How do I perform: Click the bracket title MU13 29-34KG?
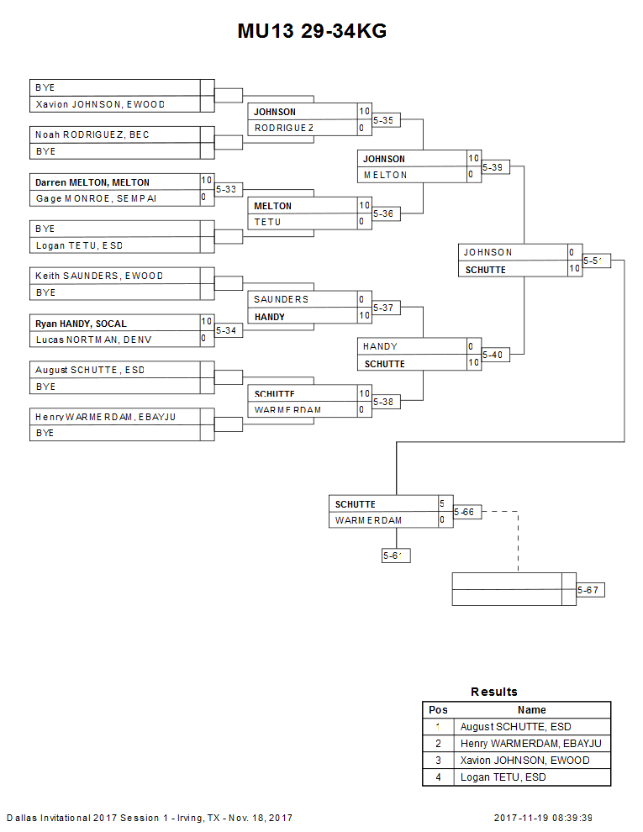[x=312, y=32]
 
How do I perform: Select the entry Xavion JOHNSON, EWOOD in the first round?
[x=100, y=104]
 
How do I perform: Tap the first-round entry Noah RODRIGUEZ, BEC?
[x=92, y=134]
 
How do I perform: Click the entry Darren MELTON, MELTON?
[x=92, y=182]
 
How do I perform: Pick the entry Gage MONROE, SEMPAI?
[x=96, y=198]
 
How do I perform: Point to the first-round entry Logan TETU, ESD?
[x=79, y=245]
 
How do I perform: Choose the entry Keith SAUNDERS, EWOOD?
[x=99, y=276]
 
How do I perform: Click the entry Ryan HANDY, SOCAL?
[x=81, y=323]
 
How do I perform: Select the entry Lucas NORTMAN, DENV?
[x=94, y=340]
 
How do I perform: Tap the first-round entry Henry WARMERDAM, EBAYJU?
[x=105, y=416]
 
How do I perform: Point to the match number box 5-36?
[x=386, y=214]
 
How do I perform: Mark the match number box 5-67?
[x=590, y=591]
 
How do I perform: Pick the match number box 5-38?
[x=386, y=402]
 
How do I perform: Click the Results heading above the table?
[x=494, y=692]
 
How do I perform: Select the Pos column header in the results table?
[x=438, y=710]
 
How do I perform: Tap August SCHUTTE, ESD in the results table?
[x=514, y=727]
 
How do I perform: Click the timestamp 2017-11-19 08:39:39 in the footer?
[x=544, y=818]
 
